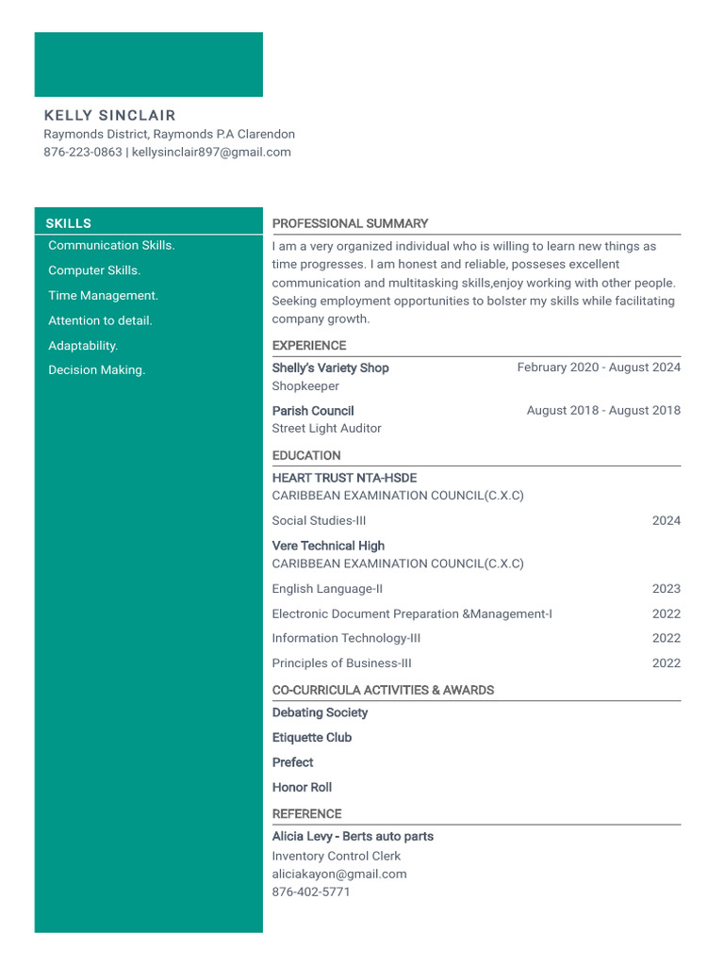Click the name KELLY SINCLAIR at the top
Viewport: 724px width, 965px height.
point(109,116)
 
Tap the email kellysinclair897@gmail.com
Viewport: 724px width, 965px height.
point(211,152)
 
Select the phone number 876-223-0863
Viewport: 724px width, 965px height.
point(83,152)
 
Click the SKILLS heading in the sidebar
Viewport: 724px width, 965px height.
point(69,223)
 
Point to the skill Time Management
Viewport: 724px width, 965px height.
point(103,295)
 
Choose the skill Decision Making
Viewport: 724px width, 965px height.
point(96,370)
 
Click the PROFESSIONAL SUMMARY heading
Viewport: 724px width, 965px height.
point(350,223)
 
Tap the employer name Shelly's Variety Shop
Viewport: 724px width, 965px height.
point(330,368)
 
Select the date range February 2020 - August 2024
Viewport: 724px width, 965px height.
point(599,368)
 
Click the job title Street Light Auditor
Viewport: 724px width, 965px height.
point(326,429)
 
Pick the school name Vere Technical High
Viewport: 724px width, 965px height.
point(328,546)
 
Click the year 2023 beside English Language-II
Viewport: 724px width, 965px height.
point(666,589)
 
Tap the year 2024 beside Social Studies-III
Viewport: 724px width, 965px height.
point(666,520)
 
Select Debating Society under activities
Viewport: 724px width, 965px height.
point(320,712)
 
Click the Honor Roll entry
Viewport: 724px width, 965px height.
point(302,787)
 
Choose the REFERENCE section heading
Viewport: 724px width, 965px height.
point(306,813)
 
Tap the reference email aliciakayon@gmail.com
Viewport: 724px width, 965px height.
point(339,874)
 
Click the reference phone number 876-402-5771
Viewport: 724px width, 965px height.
point(310,891)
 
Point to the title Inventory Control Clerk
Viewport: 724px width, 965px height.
point(336,856)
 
